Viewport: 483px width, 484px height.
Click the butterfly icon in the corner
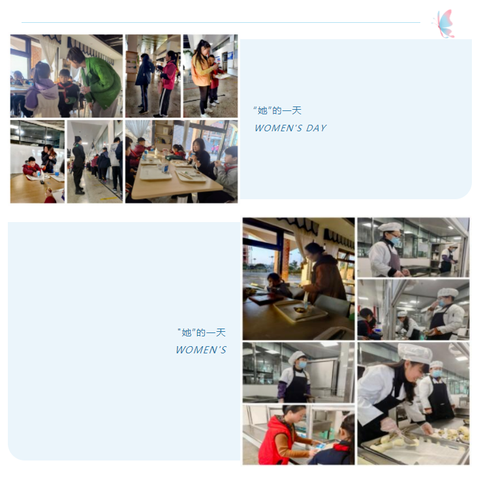click(x=444, y=24)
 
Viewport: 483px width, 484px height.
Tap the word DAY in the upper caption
click(x=316, y=128)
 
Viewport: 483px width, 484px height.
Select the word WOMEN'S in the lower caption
click(x=201, y=349)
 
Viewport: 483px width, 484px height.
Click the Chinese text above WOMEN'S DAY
click(x=277, y=110)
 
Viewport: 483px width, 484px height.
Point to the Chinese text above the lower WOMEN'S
click(x=202, y=332)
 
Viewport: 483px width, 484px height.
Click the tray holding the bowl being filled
click(x=300, y=310)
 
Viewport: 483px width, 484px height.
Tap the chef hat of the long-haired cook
click(x=414, y=353)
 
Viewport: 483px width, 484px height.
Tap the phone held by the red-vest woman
click(x=320, y=445)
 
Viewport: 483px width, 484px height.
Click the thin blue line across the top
click(x=221, y=22)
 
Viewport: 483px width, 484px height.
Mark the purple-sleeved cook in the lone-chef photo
click(x=294, y=377)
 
